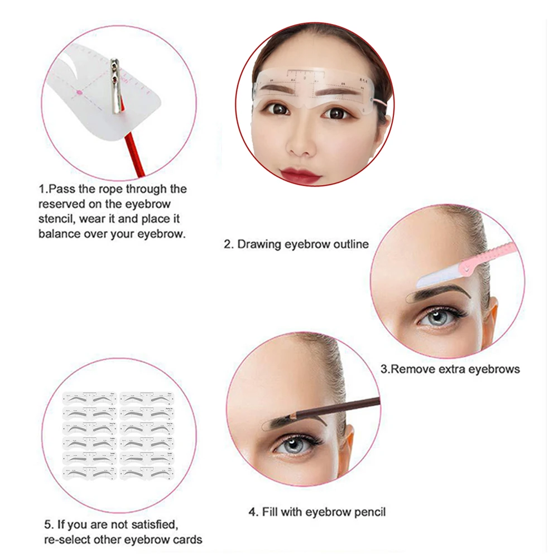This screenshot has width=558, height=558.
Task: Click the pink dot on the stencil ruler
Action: [79, 91]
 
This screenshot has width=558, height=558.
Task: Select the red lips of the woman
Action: [301, 175]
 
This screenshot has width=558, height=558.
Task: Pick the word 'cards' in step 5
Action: [187, 540]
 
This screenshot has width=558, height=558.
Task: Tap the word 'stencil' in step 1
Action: [55, 219]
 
